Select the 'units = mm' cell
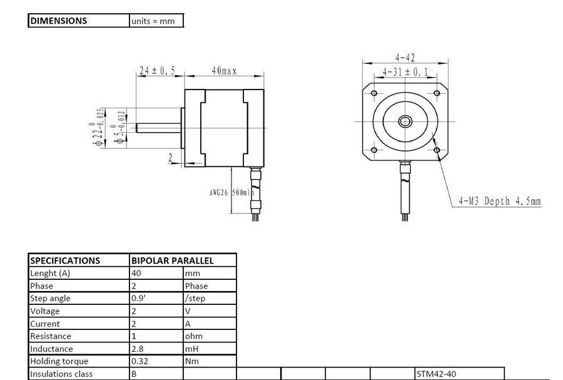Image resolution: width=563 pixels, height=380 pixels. point(153,21)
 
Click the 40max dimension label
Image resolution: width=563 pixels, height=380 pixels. point(223,71)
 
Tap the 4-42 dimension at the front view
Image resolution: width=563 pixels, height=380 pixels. point(405,57)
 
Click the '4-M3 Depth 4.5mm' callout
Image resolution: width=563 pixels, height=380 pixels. point(499,201)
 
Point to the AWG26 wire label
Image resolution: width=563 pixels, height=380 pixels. point(219,193)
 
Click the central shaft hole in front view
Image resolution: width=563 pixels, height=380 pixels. point(405,121)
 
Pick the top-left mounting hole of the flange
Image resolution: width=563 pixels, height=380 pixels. point(374,93)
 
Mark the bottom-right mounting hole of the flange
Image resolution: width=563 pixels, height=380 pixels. point(437,150)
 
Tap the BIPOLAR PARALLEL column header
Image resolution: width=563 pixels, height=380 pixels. point(172,260)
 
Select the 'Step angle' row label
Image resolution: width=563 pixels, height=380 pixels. point(50,299)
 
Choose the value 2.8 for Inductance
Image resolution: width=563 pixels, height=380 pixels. point(138,349)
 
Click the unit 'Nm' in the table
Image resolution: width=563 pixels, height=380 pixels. point(191,361)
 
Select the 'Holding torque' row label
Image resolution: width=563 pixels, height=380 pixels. point(59,361)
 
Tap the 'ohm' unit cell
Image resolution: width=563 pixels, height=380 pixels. point(193,336)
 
